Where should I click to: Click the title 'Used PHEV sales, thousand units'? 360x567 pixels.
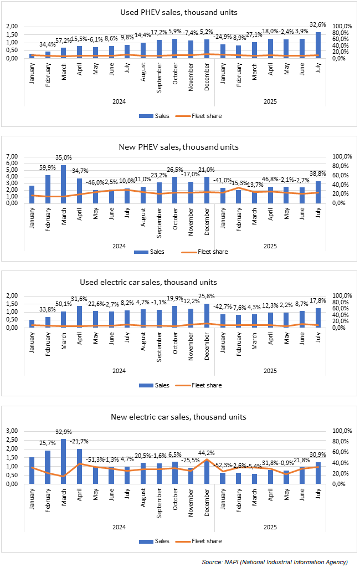tap(179, 12)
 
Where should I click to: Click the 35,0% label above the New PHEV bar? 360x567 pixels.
tap(64, 157)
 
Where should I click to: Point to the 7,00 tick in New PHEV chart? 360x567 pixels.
tap(11, 157)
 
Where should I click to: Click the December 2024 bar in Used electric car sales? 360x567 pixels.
tap(206, 315)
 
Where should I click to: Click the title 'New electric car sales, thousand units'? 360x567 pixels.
tap(179, 417)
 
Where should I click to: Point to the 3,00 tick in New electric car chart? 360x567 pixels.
tap(11, 431)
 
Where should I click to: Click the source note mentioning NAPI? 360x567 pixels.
tap(275, 562)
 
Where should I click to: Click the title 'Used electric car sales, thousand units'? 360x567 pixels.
tap(179, 282)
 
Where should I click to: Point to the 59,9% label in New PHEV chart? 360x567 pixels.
tap(48, 167)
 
